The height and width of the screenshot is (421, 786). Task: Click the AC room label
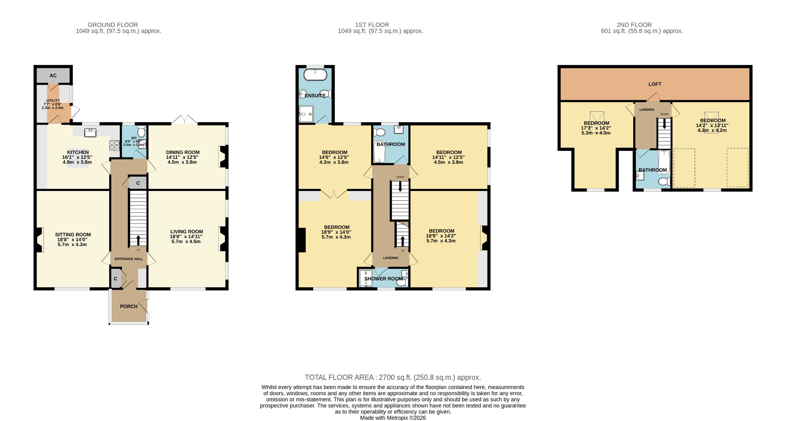pos(53,76)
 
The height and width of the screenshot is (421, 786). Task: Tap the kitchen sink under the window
pos(91,132)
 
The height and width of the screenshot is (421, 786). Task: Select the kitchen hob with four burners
pos(114,145)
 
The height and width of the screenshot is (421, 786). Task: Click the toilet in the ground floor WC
pos(141,133)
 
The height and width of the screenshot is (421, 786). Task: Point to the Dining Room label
pos(183,152)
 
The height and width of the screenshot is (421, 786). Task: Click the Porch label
pos(129,306)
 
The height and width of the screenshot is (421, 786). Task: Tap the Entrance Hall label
pos(129,259)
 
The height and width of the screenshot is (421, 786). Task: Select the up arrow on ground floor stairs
pos(138,240)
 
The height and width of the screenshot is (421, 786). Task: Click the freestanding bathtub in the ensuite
pos(315,74)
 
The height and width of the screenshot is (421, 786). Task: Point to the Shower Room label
pos(383,278)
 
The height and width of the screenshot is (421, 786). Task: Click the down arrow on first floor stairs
pos(400,187)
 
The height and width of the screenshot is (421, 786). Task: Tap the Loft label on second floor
pos(655,84)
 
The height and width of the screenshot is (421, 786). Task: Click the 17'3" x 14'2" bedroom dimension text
pos(596,128)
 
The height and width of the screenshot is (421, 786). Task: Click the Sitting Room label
pos(73,235)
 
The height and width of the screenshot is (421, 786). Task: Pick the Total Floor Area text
pos(393,377)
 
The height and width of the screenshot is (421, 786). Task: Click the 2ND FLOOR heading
pos(634,25)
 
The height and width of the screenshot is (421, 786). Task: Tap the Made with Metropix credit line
pos(393,418)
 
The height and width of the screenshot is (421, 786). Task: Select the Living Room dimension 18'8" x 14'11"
pos(187,237)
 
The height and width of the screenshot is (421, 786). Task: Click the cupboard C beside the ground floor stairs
pos(138,183)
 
